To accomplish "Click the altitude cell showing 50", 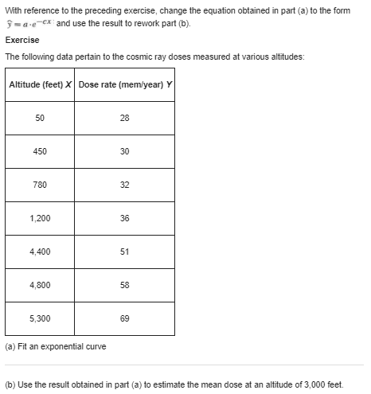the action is (x=40, y=118).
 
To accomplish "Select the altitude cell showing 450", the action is (x=40, y=151).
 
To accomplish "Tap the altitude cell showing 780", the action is (x=40, y=185).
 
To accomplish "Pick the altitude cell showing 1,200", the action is (x=40, y=218).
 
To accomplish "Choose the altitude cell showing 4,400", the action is (x=40, y=252).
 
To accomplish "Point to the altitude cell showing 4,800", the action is (x=40, y=285).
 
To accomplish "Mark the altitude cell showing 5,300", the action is (x=40, y=318).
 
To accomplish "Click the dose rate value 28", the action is (x=124, y=118).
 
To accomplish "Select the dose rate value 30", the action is (x=124, y=151).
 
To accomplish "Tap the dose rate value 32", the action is (x=124, y=185).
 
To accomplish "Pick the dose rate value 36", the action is (x=124, y=218).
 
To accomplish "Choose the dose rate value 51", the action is (x=124, y=252).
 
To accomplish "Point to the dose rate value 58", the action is (x=124, y=285).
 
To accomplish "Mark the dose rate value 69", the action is (x=124, y=318).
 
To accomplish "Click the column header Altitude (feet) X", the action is (x=40, y=85).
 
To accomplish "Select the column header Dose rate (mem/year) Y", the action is (x=124, y=85).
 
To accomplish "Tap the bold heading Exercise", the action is (x=21, y=39).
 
